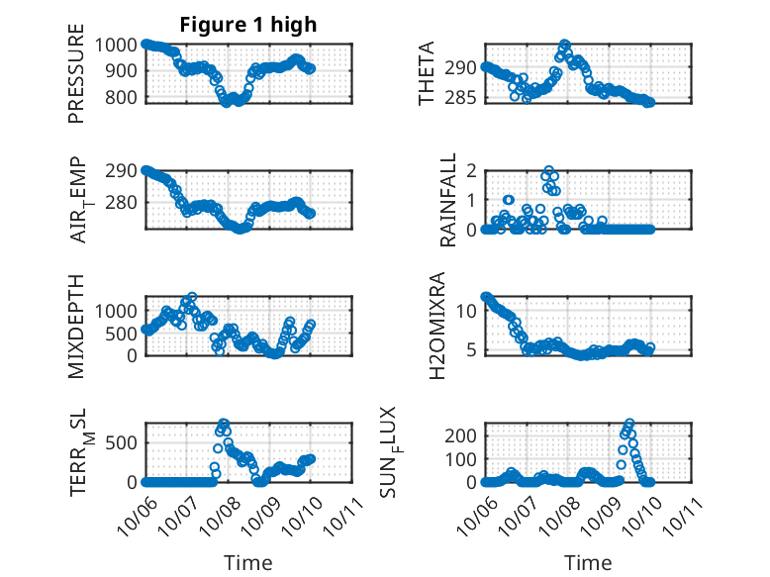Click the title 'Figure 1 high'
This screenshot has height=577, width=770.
248,25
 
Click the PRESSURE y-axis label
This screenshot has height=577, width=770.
76,80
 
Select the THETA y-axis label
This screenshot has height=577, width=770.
427,73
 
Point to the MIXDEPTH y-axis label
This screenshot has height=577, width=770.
76,327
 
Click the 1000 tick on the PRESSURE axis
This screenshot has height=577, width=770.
120,45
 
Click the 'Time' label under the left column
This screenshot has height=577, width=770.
248,562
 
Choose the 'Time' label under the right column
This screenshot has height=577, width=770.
588,562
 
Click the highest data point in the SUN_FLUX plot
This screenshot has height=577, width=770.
629,424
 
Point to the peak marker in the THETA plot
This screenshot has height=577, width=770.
564,45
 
